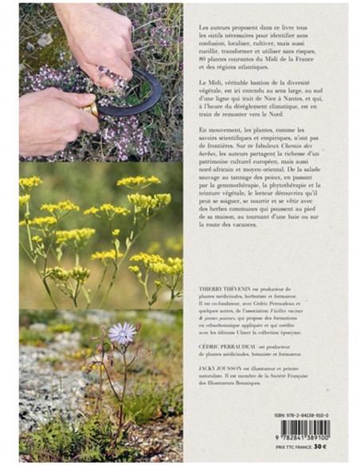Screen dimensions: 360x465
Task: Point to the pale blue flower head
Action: [x=122, y=333]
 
